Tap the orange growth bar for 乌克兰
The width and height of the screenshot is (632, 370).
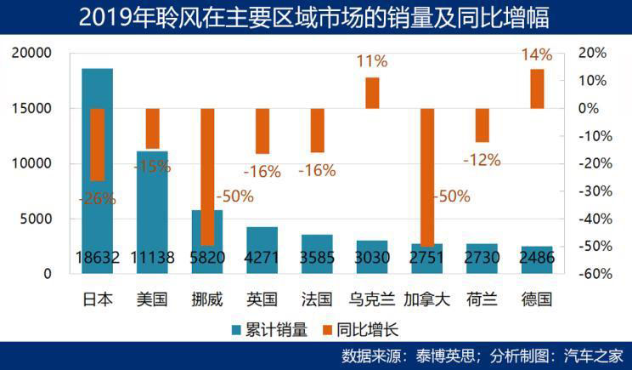pyautogui.click(x=372, y=93)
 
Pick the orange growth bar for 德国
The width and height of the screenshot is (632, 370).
pyautogui.click(x=537, y=88)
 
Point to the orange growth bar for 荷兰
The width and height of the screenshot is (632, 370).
pyautogui.click(x=482, y=125)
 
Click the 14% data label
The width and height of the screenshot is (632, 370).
pyautogui.click(x=537, y=55)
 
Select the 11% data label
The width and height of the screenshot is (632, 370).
pyautogui.click(x=372, y=61)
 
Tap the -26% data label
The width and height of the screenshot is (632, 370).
pyautogui.click(x=96, y=199)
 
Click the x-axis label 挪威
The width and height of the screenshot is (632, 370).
pyautogui.click(x=206, y=299)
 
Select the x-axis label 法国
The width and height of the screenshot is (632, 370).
pyautogui.click(x=317, y=299)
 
